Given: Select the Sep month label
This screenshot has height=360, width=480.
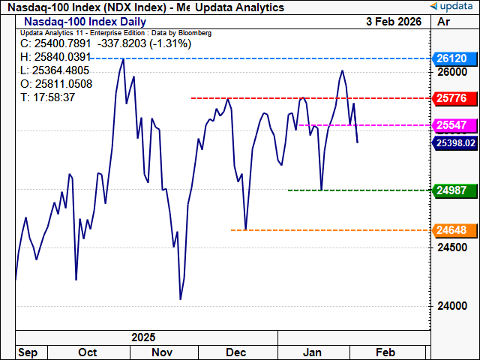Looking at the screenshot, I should (x=27, y=352).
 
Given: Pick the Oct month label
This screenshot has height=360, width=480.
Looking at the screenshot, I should (x=88, y=352).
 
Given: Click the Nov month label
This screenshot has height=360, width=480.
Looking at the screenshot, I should (x=162, y=352).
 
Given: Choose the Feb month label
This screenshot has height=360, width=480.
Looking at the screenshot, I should (x=385, y=352).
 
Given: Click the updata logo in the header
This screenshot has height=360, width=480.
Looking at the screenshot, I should (x=452, y=7).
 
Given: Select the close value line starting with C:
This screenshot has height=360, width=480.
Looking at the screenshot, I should (x=71, y=44).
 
